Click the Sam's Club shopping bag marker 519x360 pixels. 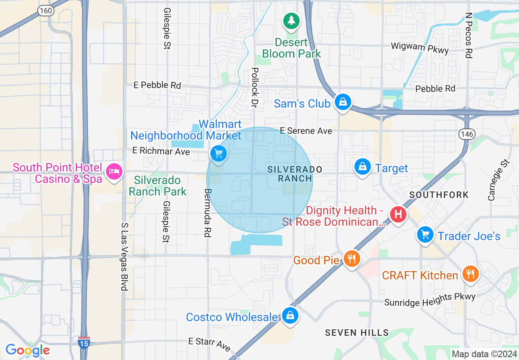click(343, 102)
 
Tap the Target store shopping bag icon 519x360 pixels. click(362, 167)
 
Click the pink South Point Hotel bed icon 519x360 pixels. click(113, 171)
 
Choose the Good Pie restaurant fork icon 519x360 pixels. click(351, 259)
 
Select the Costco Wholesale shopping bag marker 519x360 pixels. click(290, 315)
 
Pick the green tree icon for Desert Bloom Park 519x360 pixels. click(291, 20)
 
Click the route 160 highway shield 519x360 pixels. click(46, 11)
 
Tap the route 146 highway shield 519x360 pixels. click(467, 134)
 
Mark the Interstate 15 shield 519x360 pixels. click(83, 342)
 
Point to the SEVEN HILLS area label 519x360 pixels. click(357, 333)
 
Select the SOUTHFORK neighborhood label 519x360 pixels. click(439, 195)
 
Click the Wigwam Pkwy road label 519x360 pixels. click(420, 48)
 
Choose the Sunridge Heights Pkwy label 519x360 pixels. click(430, 300)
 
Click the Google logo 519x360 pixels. click(27, 350)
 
